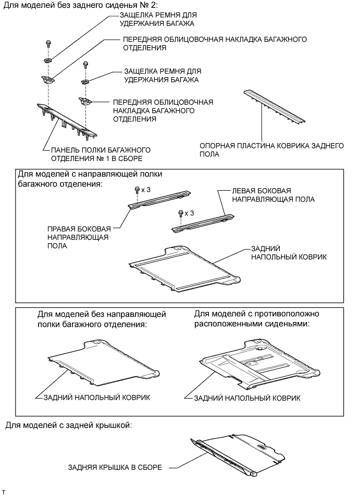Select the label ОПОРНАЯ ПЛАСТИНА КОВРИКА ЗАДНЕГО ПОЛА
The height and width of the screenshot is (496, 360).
tap(271, 150)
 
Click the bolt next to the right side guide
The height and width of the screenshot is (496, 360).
tap(136, 190)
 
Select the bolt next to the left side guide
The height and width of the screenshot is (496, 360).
tap(180, 213)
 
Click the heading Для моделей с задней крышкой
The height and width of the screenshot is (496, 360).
tap(68, 425)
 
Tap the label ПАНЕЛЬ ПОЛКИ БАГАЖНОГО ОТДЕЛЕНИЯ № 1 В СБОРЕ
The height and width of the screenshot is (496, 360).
tap(96, 154)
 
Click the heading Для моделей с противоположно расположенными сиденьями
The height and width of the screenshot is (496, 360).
tap(256, 319)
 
